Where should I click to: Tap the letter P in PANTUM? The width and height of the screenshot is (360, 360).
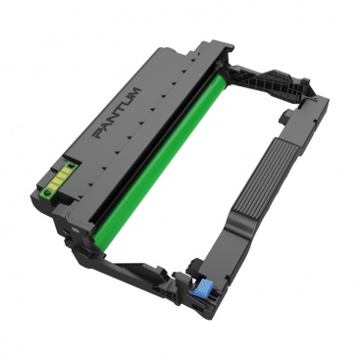pyautogui.click(x=99, y=133)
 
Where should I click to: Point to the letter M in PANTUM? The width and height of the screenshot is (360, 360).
pyautogui.click(x=135, y=91)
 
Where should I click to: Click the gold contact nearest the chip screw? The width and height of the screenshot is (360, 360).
pyautogui.click(x=51, y=185)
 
